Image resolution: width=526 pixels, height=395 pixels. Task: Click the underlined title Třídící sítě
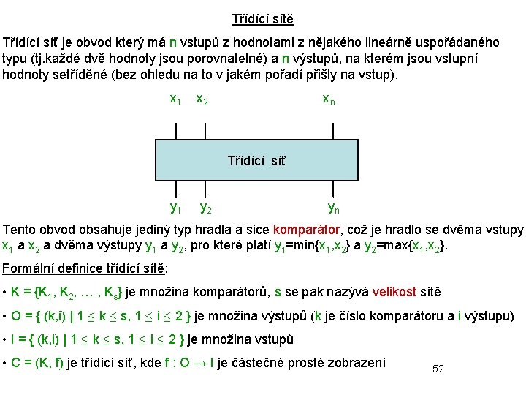262,19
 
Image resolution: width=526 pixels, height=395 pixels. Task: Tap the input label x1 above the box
175,99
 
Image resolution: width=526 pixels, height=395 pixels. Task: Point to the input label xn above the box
329,99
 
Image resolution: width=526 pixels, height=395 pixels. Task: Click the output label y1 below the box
175,208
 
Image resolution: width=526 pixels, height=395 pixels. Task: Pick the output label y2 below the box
206,208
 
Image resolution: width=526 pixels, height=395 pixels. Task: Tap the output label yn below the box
333,208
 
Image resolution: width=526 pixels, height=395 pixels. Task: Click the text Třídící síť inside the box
257,160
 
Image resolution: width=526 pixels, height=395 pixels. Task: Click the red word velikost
394,292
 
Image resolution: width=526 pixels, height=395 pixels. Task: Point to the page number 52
438,369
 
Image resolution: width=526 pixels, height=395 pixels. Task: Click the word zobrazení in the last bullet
357,362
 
